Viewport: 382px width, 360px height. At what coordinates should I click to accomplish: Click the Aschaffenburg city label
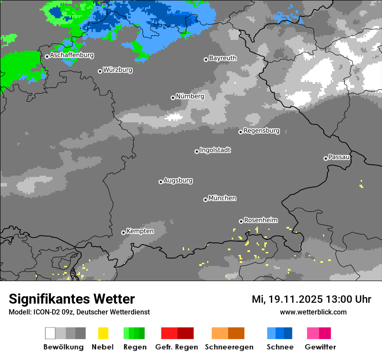click(72, 56)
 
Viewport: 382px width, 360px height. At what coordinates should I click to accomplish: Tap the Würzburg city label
click(118, 70)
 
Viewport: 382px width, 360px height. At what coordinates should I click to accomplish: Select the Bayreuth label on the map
click(223, 58)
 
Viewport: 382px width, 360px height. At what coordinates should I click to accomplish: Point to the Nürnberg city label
click(190, 97)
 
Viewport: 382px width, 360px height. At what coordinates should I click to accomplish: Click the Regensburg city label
click(261, 131)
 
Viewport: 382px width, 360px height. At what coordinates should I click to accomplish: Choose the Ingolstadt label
click(215, 151)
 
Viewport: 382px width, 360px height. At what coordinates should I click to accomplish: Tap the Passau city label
click(339, 157)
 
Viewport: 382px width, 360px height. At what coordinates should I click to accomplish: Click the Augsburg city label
click(178, 181)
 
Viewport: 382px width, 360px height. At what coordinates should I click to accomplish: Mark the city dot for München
click(205, 200)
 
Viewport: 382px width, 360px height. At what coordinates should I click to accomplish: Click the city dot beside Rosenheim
click(241, 221)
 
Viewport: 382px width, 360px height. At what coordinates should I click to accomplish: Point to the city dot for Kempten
click(123, 232)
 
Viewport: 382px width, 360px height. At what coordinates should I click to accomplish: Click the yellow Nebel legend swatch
click(103, 333)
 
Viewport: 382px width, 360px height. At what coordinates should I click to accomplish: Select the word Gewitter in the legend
click(320, 347)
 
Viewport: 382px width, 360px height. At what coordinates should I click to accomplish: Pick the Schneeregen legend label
click(229, 347)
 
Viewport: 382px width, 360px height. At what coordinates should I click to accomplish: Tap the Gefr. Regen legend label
click(177, 347)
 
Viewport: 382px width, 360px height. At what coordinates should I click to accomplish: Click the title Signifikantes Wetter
click(72, 299)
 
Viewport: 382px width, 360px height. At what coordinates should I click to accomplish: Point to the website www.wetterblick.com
click(313, 312)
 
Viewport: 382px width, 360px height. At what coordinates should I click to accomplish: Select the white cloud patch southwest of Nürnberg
click(174, 117)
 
